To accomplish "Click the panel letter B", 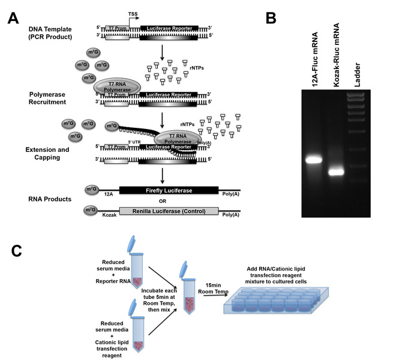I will click(x=271, y=17).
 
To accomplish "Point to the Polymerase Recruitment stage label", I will click(x=49, y=94).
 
